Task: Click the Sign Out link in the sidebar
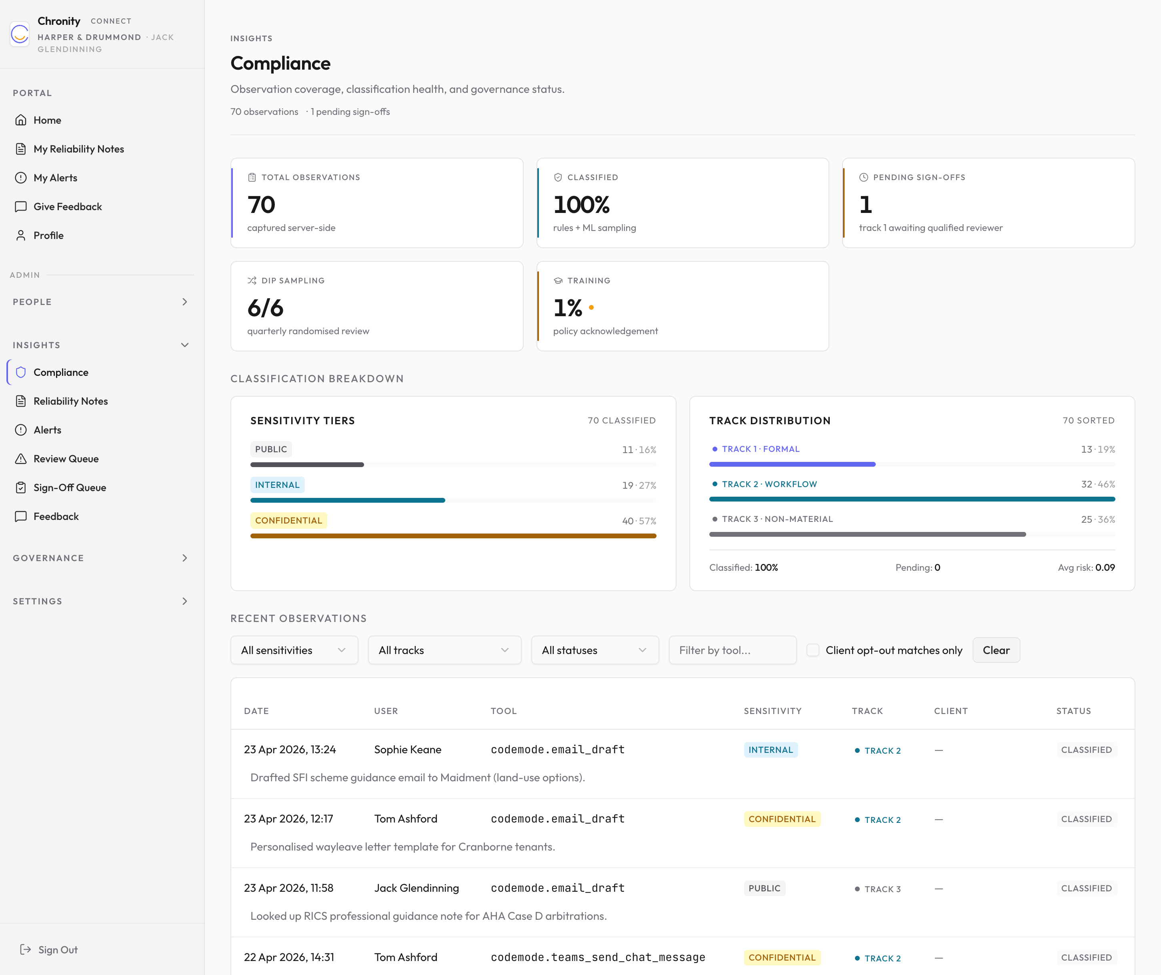pyautogui.click(x=49, y=949)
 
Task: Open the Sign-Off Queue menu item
pyautogui.click(x=70, y=487)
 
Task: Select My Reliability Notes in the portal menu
pyautogui.click(x=78, y=149)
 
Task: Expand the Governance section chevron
pyautogui.click(x=185, y=558)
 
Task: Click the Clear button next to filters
pyautogui.click(x=996, y=650)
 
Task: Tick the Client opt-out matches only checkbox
pyautogui.click(x=813, y=650)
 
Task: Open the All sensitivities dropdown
pyautogui.click(x=294, y=650)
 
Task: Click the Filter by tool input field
pyautogui.click(x=732, y=650)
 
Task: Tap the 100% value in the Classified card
pyautogui.click(x=581, y=205)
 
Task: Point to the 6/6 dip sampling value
pyautogui.click(x=265, y=308)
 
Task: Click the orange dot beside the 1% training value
pyautogui.click(x=591, y=307)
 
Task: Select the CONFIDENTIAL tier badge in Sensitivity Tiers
pyautogui.click(x=288, y=520)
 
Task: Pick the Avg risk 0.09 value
pyautogui.click(x=1105, y=568)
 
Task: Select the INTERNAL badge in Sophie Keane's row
pyautogui.click(x=770, y=750)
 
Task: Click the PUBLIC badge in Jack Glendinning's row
pyautogui.click(x=764, y=888)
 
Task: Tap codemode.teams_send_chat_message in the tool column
pyautogui.click(x=598, y=957)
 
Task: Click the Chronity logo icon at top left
pyautogui.click(x=20, y=34)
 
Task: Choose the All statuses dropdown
pyautogui.click(x=595, y=650)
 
